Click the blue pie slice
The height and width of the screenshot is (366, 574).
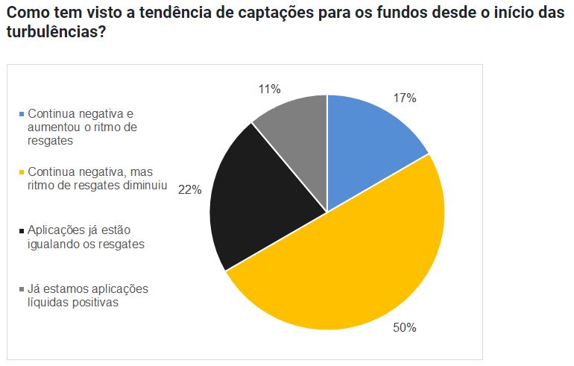click(369, 145)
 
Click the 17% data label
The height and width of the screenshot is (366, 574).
click(405, 98)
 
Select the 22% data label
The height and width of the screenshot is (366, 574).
click(189, 189)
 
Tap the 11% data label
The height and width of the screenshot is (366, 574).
click(269, 89)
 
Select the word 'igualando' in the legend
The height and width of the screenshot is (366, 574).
click(52, 243)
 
